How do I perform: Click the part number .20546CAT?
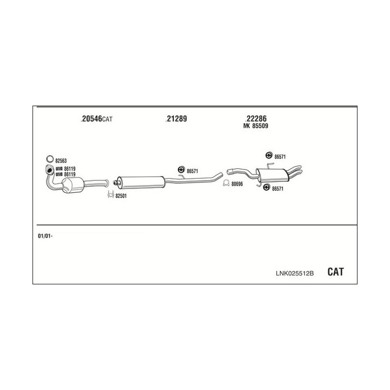click(x=96, y=119)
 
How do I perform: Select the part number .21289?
click(x=176, y=119)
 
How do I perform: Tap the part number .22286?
click(x=256, y=119)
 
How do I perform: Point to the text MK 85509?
click(x=256, y=126)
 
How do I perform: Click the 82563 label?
click(x=61, y=161)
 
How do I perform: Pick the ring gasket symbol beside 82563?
click(x=50, y=159)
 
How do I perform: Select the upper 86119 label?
click(x=70, y=168)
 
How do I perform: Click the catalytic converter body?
click(x=73, y=185)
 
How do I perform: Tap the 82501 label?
click(x=121, y=196)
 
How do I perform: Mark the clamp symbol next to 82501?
click(x=110, y=194)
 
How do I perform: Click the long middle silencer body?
click(x=141, y=182)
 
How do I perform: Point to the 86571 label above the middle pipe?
click(x=192, y=171)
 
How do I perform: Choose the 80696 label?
click(x=237, y=184)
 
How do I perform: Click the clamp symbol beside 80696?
click(x=226, y=183)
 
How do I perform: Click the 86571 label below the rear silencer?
click(x=277, y=189)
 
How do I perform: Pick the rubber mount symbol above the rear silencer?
click(x=268, y=155)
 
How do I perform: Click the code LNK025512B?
click(x=295, y=274)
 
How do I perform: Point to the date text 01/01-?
click(x=45, y=236)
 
